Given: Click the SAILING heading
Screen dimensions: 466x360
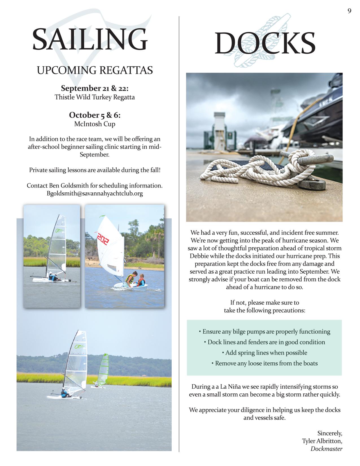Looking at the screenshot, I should tap(90, 39).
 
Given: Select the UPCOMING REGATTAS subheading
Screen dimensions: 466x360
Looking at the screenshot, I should tap(95, 70).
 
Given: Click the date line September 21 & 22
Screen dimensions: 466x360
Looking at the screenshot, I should tap(95, 88).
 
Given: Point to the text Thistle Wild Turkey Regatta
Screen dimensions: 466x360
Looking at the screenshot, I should tap(95, 97).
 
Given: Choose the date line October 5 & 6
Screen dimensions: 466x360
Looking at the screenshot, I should tap(95, 115).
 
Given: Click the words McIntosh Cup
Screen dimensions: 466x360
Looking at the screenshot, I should tap(95, 124).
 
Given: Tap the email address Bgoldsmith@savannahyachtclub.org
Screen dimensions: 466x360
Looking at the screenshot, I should tap(95, 193).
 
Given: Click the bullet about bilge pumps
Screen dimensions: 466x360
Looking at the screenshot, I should tap(265, 332).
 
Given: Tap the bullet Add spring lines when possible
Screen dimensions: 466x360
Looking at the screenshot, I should tap(265, 353).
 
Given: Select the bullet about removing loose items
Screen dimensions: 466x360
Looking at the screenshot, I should tap(265, 363).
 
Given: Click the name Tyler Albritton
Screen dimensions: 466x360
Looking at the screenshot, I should tap(322, 441).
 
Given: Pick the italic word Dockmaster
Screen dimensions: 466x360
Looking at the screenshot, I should tap(326, 449).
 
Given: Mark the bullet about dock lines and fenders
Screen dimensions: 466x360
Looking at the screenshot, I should tap(265, 342).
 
